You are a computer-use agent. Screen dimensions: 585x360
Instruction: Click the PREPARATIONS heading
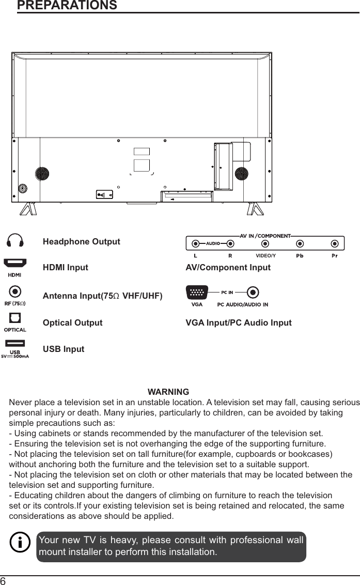[67, 6]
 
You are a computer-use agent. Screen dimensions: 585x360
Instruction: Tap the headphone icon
[15, 241]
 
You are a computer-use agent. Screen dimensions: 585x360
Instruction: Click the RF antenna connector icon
[15, 292]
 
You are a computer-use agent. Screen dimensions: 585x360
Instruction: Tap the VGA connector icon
[197, 292]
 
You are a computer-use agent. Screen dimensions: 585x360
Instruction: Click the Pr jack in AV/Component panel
[335, 243]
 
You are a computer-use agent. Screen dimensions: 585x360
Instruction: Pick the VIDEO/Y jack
[265, 243]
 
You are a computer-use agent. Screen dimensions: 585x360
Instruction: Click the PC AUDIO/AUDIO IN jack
[252, 292]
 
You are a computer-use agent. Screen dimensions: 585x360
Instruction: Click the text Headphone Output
[81, 242]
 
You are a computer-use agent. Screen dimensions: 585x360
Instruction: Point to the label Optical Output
[72, 322]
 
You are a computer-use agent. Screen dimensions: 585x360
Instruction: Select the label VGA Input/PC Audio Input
[238, 322]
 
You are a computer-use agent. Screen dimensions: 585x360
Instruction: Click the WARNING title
[168, 392]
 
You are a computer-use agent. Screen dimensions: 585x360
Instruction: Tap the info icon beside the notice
[20, 543]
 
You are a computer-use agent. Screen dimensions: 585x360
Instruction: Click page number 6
[4, 580]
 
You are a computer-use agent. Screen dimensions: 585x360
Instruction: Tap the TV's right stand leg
[255, 209]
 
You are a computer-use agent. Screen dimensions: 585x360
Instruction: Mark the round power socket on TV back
[22, 188]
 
